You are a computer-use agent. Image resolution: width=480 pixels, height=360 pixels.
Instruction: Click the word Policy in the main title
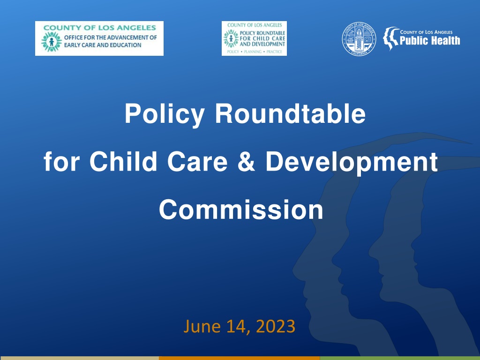coord(165,114)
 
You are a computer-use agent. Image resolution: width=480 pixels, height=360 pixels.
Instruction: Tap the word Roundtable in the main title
coord(290,113)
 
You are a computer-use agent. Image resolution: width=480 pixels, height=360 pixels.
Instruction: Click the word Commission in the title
coord(241,210)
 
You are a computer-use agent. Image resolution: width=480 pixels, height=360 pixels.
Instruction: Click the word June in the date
coord(202,326)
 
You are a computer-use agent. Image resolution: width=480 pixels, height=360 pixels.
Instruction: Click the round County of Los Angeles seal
coord(359,39)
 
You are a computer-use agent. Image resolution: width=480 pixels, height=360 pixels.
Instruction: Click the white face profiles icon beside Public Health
coord(390,38)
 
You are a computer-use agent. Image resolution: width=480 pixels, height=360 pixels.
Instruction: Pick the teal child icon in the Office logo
coord(52,42)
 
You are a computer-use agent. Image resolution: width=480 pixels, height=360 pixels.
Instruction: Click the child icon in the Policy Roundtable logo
coord(231,38)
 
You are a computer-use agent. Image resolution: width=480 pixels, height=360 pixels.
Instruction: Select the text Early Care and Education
coord(103,45)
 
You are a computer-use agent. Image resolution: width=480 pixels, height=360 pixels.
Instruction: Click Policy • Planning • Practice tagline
coord(255,52)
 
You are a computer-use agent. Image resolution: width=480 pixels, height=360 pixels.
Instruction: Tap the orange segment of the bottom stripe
coord(240,358)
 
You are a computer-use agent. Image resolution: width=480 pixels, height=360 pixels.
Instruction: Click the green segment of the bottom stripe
coord(400,358)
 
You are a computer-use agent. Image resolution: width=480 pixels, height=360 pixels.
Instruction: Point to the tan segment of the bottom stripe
coord(79,358)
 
